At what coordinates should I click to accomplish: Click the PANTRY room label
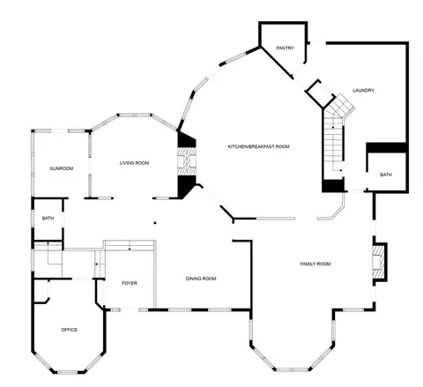click(285, 48)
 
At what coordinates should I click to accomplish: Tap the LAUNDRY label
click(363, 90)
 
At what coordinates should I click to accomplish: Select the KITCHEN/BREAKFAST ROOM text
click(259, 146)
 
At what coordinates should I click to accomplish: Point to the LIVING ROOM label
click(134, 163)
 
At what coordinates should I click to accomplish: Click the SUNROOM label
click(62, 168)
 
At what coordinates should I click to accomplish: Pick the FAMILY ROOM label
click(315, 264)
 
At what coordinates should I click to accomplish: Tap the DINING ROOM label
click(201, 279)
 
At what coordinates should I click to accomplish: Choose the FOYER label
click(130, 283)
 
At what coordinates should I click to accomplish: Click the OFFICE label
click(70, 330)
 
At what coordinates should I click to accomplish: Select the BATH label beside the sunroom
click(48, 219)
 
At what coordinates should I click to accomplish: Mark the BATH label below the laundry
click(386, 175)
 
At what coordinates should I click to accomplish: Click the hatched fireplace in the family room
click(378, 262)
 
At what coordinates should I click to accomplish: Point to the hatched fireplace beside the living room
click(187, 161)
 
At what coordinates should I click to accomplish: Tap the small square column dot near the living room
click(155, 223)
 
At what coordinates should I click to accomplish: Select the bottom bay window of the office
click(67, 372)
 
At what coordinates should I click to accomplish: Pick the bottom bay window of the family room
click(292, 369)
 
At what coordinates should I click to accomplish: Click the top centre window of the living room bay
click(135, 115)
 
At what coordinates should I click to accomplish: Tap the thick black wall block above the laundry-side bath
click(386, 148)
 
